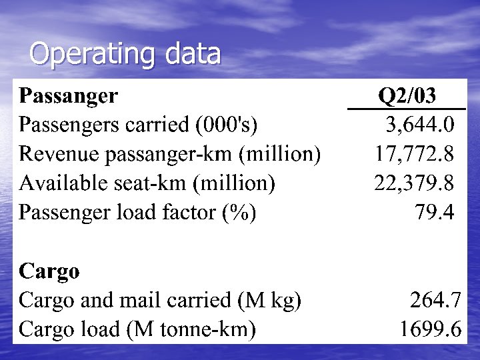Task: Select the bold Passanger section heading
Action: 69,96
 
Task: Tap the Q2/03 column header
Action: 407,96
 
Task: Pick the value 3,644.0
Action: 421,125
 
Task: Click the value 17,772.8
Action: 414,154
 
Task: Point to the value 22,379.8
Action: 414,183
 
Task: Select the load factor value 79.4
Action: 434,212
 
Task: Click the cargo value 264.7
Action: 435,300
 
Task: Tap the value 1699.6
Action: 430,329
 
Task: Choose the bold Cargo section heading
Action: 49,271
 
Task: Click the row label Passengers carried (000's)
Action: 139,125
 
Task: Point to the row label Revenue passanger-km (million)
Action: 170,154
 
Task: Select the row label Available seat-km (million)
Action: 147,183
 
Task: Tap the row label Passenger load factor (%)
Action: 138,213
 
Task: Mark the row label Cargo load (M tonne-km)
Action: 137,329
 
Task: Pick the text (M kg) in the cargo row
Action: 269,301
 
